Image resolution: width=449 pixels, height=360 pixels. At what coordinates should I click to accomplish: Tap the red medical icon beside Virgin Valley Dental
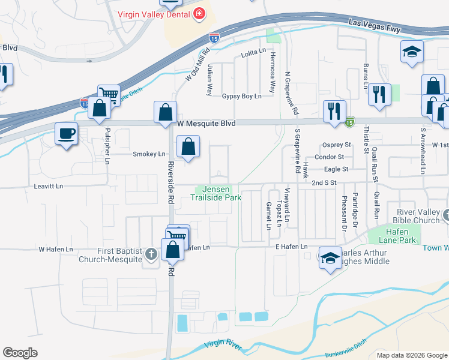(199, 14)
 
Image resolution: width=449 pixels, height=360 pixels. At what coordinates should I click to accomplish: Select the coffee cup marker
(66, 133)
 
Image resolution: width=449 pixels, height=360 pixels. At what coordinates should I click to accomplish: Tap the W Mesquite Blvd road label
(206, 122)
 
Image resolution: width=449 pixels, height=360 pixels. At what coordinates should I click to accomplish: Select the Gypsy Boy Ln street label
(242, 96)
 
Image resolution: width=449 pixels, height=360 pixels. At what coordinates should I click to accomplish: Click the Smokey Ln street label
(148, 154)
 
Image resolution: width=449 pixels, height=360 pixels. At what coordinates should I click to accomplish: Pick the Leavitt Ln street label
(50, 187)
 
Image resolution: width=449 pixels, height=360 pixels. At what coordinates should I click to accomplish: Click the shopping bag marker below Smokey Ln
(188, 147)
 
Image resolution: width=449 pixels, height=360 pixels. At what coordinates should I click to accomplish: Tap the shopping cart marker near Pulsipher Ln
(109, 94)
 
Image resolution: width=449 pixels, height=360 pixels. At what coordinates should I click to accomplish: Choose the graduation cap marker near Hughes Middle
(330, 257)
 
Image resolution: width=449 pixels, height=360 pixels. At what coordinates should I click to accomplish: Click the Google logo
(20, 352)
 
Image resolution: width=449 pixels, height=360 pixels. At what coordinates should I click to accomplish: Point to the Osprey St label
(337, 145)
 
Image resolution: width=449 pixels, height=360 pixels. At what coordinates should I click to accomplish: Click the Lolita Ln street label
(253, 53)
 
